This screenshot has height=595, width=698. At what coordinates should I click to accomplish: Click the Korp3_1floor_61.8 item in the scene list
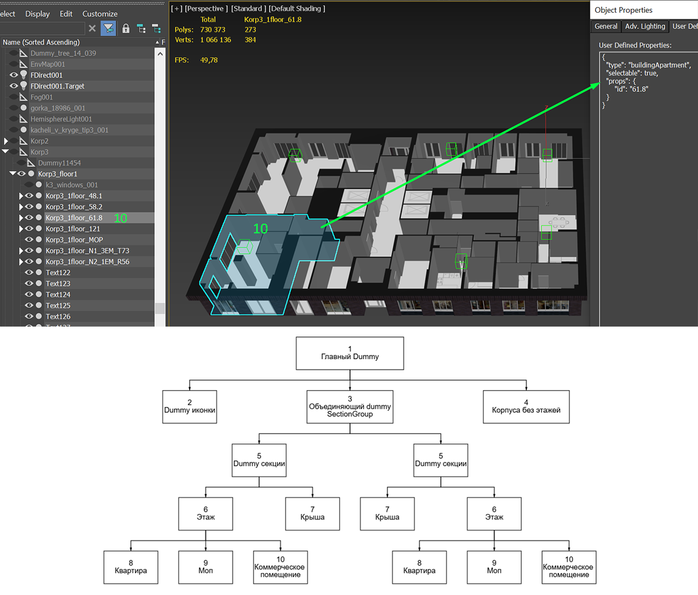(74, 218)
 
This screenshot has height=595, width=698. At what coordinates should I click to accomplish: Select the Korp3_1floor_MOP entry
(74, 240)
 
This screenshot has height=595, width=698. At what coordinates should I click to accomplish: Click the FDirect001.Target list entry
(57, 86)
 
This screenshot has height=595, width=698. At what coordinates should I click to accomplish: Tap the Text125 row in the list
(58, 306)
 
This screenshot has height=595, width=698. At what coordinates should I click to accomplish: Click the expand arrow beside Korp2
(6, 141)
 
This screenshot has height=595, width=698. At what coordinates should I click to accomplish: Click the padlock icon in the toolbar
(126, 29)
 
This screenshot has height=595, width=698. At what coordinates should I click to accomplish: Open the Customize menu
(100, 14)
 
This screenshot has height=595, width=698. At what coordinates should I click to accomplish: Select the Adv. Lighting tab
(644, 26)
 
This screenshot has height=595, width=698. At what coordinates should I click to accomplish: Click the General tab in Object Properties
(606, 26)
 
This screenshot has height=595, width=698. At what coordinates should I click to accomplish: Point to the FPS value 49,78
(209, 60)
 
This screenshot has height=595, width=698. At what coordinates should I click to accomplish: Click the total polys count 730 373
(212, 30)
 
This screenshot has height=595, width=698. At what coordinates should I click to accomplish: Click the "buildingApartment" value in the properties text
(659, 65)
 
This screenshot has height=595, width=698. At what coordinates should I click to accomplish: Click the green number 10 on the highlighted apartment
(261, 229)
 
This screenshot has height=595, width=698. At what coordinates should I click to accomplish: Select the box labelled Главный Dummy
(350, 353)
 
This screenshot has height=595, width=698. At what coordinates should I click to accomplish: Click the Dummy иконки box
(190, 407)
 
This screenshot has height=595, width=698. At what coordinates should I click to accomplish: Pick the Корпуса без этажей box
(526, 407)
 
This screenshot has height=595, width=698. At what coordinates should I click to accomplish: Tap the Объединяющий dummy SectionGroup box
(350, 407)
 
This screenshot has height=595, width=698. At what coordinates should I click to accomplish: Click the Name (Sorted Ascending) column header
(41, 42)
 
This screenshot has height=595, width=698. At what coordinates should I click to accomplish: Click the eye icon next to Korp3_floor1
(22, 173)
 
